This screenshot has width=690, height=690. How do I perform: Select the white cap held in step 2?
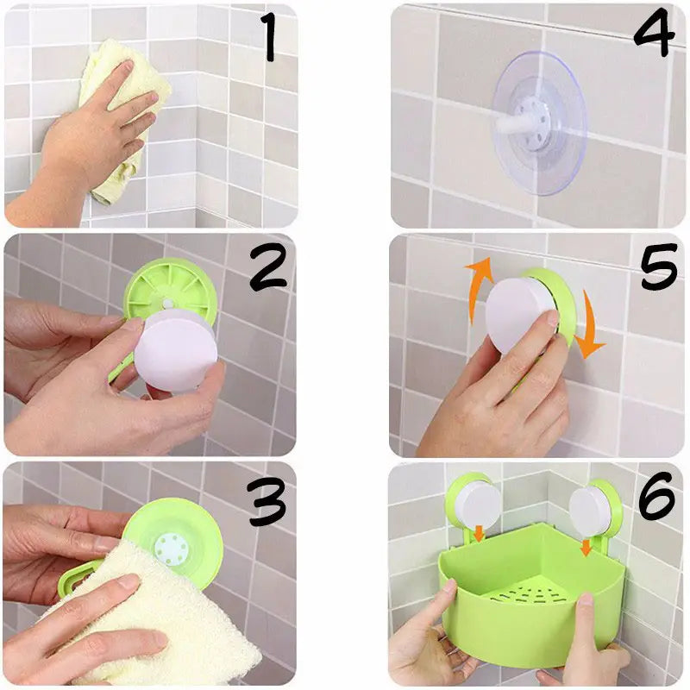(x=172, y=349)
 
